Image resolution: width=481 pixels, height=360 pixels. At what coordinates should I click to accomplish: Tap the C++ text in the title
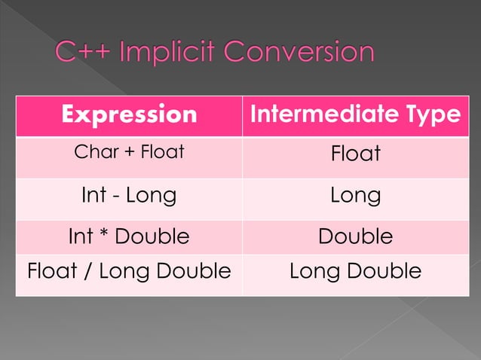[83, 53]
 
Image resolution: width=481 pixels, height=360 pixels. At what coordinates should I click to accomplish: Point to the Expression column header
[129, 114]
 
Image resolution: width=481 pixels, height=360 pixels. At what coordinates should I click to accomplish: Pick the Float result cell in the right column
[355, 154]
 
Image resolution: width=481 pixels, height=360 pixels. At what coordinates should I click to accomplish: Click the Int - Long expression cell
[129, 196]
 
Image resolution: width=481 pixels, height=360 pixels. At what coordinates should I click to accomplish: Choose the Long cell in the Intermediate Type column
[355, 196]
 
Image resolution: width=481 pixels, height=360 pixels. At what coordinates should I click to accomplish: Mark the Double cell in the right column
[355, 236]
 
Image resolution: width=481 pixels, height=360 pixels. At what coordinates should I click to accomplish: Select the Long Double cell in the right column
[355, 271]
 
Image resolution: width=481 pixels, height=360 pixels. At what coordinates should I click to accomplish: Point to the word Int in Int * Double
[81, 236]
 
